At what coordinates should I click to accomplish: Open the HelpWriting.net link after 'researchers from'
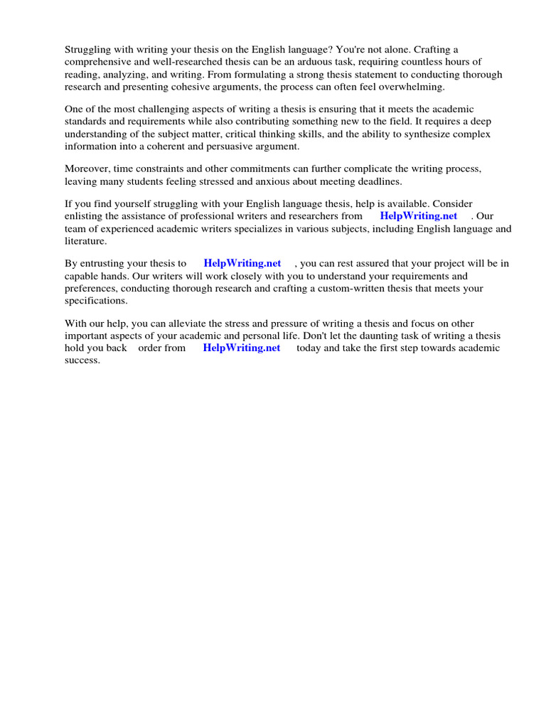coord(418,215)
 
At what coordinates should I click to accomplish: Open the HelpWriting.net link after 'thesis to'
coord(242,262)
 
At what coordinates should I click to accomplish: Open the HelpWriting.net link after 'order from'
coord(241,348)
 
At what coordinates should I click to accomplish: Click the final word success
coord(82,360)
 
